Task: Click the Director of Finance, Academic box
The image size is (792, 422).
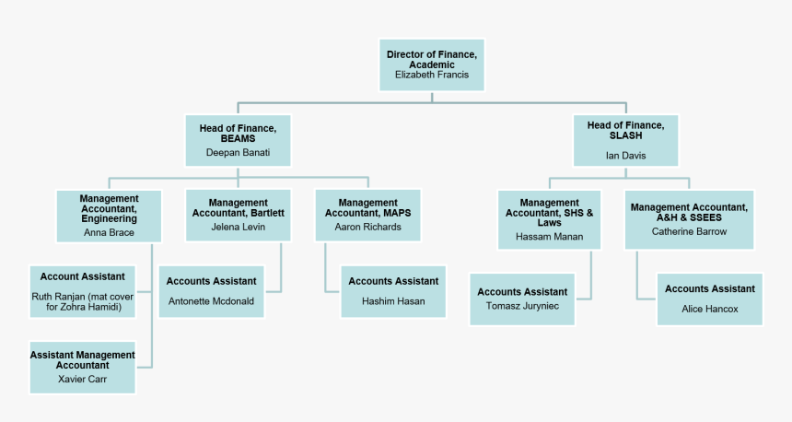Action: click(432, 64)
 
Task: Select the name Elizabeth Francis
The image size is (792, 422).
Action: click(432, 75)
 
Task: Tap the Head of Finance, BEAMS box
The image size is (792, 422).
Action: click(238, 140)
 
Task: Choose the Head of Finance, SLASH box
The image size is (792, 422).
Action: click(625, 140)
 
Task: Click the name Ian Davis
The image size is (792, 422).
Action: click(625, 156)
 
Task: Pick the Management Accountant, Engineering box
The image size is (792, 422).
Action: click(109, 215)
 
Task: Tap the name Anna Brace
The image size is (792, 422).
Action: click(109, 232)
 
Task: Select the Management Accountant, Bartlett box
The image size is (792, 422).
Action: click(238, 215)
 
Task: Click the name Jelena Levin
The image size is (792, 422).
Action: click(238, 227)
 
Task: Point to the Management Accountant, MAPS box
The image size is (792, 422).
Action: click(367, 215)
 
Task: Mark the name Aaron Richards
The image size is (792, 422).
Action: click(367, 227)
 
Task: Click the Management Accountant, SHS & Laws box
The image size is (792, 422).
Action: click(550, 219)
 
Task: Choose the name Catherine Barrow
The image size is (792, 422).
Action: click(689, 231)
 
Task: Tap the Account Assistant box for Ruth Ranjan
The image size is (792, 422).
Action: click(83, 291)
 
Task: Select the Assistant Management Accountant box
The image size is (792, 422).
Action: click(83, 367)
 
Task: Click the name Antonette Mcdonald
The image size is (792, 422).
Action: click(212, 301)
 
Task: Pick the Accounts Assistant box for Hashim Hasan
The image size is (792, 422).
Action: click(393, 291)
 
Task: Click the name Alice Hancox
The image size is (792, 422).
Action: click(709, 309)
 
